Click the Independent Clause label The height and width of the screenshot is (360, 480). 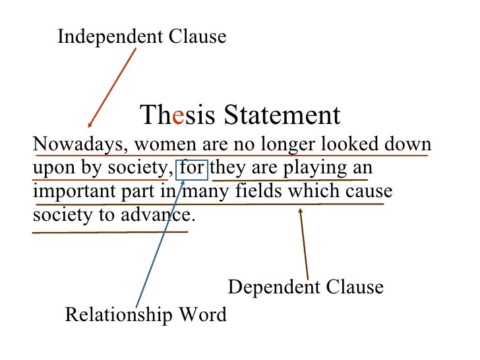[x=142, y=37]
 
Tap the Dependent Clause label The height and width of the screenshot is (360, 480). [x=305, y=287]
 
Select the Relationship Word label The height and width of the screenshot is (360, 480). [x=146, y=315]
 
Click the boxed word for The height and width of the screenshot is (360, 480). [x=192, y=168]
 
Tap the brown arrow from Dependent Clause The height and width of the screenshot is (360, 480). [x=304, y=244]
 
